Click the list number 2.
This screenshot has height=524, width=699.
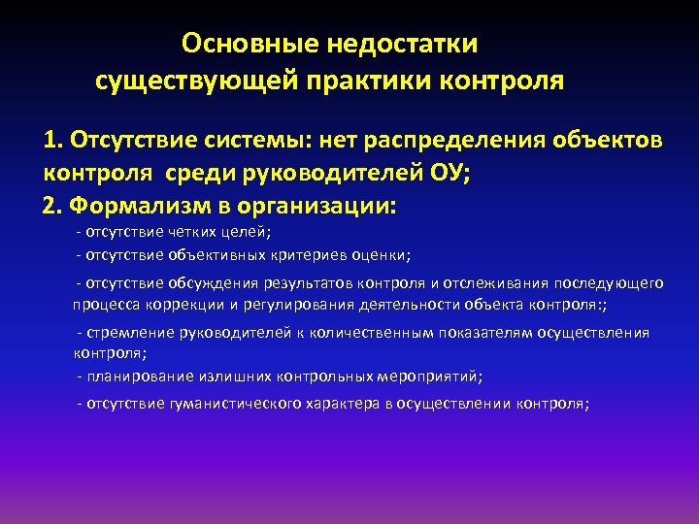(51, 207)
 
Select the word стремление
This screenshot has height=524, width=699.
(128, 333)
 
